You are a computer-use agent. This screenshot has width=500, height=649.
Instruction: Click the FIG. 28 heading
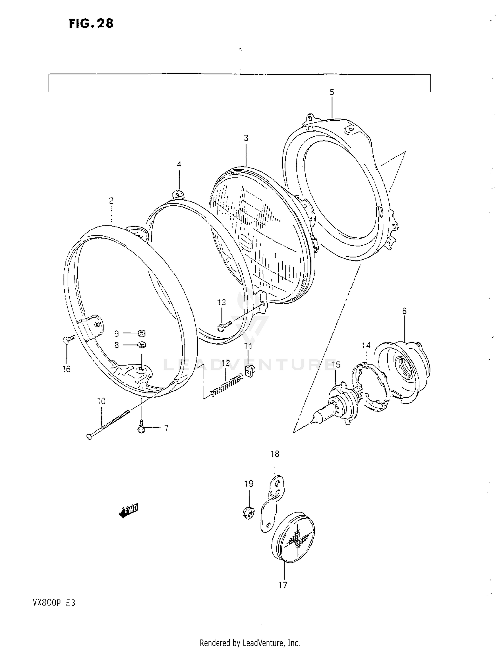point(91,23)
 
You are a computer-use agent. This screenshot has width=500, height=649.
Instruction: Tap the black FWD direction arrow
point(129,511)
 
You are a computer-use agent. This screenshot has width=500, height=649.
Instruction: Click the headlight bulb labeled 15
point(335,403)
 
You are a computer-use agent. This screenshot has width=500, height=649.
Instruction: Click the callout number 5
point(332,92)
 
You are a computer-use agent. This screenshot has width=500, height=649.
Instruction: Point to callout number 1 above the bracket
point(240,51)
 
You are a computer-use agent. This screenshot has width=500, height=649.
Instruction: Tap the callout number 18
point(275,454)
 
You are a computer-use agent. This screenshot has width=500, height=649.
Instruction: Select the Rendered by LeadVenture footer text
point(250,642)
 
